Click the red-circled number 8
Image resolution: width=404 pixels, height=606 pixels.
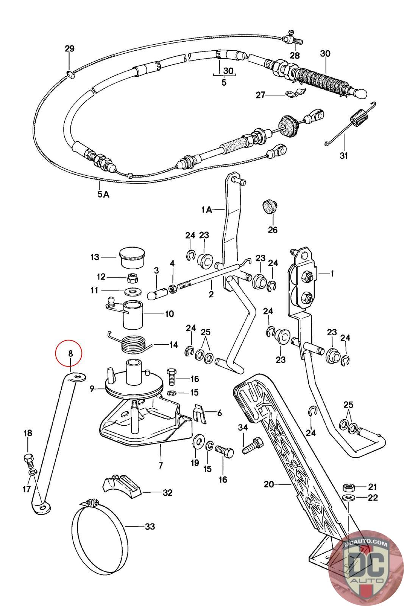70,353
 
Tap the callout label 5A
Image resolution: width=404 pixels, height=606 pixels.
103,194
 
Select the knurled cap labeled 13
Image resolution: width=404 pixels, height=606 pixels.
132,257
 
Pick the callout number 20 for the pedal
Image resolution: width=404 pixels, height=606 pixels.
269,484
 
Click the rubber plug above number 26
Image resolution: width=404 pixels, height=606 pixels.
271,206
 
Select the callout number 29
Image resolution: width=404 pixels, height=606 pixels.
70,48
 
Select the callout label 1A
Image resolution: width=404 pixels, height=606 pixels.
207,209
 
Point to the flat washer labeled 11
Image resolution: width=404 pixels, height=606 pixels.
131,292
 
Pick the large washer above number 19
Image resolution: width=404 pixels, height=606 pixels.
198,442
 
